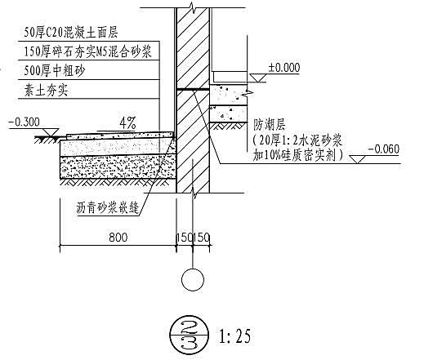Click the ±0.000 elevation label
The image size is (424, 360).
[284, 68]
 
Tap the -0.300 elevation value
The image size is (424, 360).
[25, 122]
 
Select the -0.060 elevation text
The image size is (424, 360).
[384, 149]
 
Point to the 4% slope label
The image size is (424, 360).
[127, 123]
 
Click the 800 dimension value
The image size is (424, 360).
[118, 238]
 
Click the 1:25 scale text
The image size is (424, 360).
[234, 336]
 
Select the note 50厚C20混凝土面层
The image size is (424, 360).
[71, 33]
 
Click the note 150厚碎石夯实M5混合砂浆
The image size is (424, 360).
[87, 51]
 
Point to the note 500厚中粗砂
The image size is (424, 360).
[55, 71]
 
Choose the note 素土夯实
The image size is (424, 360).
[46, 90]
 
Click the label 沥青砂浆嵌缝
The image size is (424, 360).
[108, 208]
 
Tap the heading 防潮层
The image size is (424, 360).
[269, 125]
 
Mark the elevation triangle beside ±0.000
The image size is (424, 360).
[258, 78]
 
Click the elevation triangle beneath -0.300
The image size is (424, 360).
[51, 132]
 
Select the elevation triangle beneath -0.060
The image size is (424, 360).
[357, 159]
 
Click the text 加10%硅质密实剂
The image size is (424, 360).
[297, 155]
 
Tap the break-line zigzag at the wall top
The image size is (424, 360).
[193, 6]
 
